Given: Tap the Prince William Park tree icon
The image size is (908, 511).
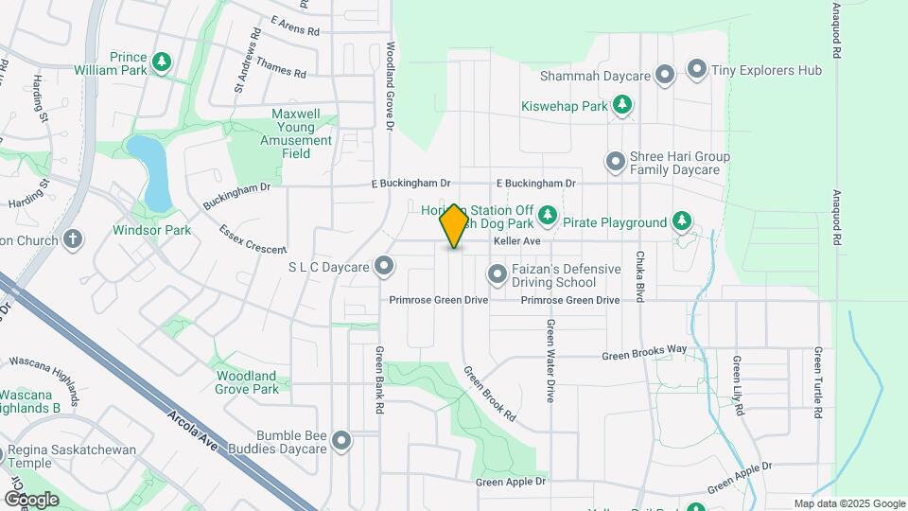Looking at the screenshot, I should click(x=163, y=62).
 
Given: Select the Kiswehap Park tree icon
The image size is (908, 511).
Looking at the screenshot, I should click(x=621, y=106).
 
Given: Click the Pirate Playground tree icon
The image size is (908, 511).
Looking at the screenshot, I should click(x=681, y=222).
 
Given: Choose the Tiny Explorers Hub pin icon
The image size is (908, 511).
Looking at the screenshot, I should click(x=697, y=69).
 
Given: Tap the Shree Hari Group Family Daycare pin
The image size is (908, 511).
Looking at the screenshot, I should click(x=616, y=163).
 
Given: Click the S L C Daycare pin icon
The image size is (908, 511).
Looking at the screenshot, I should click(x=384, y=267).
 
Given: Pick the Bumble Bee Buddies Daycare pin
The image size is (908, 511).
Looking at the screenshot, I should click(x=341, y=440).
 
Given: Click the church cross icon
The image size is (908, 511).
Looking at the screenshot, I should click(x=74, y=239).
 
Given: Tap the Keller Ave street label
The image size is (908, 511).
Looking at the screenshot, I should click(x=515, y=242).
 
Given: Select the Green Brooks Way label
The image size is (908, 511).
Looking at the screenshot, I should click(x=645, y=352).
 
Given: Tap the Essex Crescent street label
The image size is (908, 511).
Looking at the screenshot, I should click(x=252, y=238).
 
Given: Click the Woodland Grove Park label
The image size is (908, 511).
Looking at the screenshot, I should click(x=247, y=382).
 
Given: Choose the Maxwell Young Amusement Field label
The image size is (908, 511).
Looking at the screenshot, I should click(x=302, y=133).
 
